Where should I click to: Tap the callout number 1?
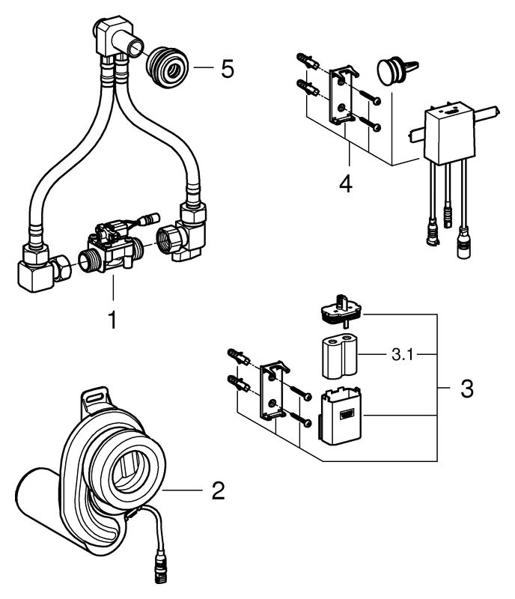pos(112,320)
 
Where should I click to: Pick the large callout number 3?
pos(466,389)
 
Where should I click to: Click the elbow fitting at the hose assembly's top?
pos(112,37)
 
